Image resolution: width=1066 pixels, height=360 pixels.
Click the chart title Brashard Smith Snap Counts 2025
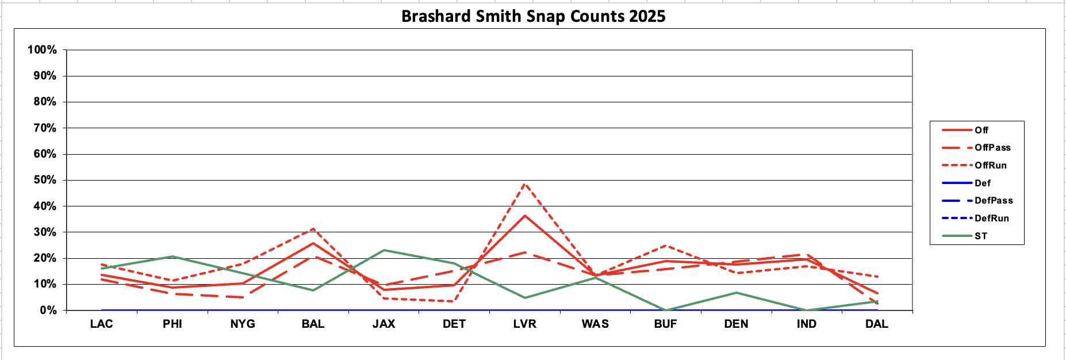coord(533,16)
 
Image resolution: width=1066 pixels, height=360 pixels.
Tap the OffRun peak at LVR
coord(524,184)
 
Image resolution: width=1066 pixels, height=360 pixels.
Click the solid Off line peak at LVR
coord(524,216)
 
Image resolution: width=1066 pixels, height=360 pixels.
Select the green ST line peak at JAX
coord(384,250)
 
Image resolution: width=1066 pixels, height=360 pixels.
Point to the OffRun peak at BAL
coord(313,229)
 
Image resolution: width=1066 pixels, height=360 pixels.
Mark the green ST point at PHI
coord(172,256)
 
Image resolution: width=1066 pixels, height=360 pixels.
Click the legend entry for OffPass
coord(992,148)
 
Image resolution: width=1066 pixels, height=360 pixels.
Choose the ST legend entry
coord(980,236)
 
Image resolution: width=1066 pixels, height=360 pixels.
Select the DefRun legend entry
coord(991,218)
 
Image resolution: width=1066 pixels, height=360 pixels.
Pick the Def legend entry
coord(982,183)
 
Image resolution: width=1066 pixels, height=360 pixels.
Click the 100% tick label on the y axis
coord(42,50)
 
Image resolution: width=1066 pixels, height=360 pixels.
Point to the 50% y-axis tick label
coord(44,180)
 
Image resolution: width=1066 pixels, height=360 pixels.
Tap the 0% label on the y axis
coord(48,311)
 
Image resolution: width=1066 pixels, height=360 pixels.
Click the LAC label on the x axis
coord(102,324)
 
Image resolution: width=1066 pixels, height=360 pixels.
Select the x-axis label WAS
coord(595,324)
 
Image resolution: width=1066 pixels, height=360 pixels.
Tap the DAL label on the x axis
coord(877,324)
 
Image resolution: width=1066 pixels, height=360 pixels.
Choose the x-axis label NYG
coord(243,324)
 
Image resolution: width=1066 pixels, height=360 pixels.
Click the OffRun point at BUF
coord(666,246)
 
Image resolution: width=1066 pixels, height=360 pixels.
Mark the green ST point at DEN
coord(736,293)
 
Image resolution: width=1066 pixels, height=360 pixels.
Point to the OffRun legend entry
coord(990,166)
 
